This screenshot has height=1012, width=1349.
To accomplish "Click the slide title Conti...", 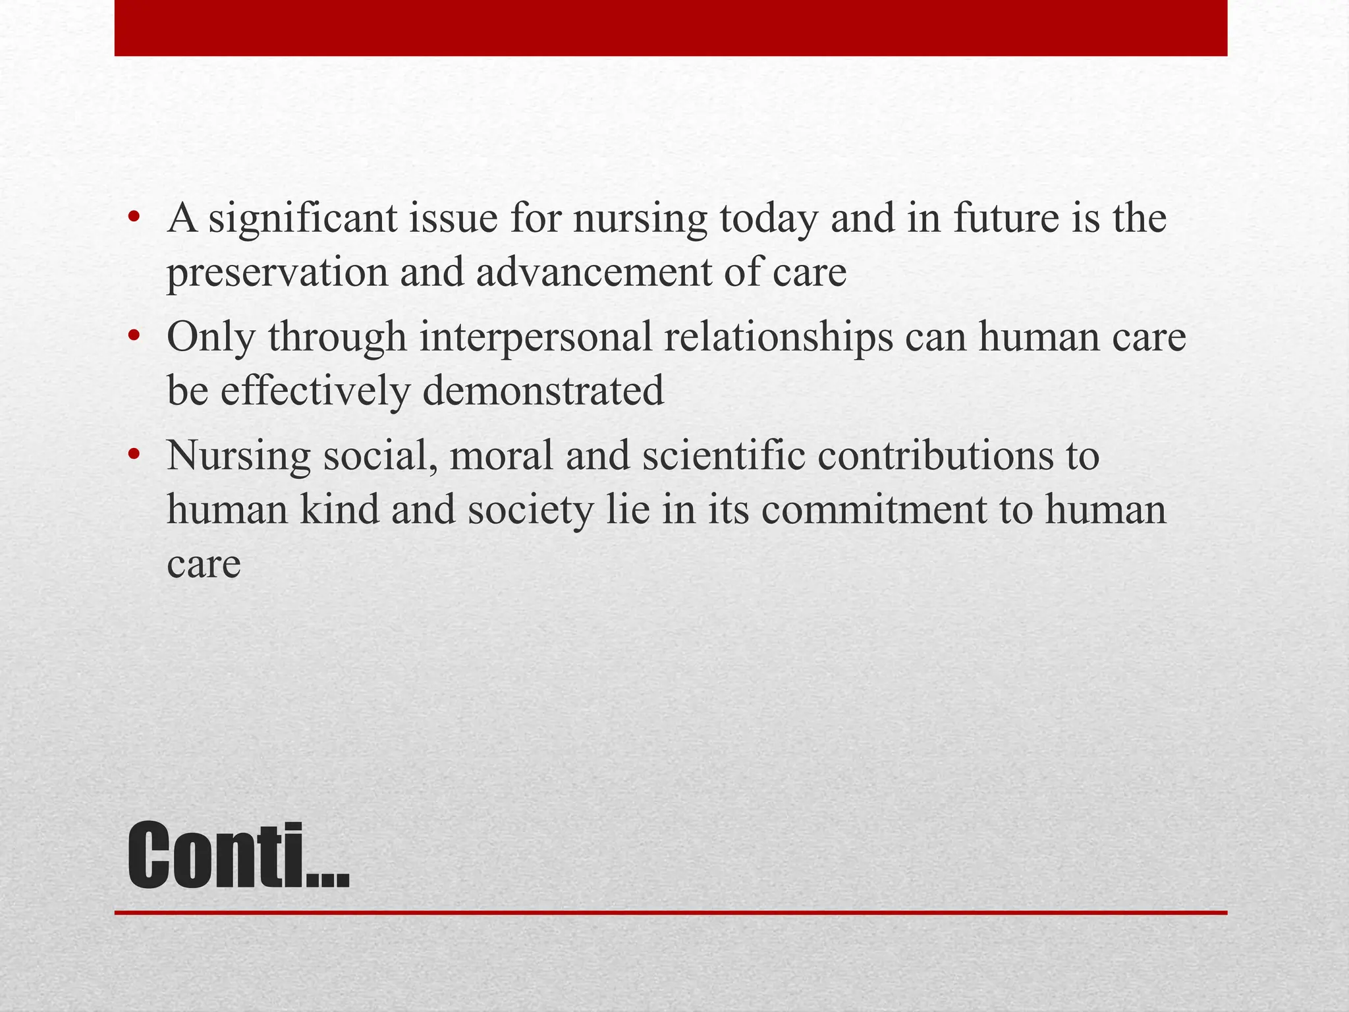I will click(x=238, y=857).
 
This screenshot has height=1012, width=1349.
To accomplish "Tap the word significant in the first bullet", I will click(x=303, y=219).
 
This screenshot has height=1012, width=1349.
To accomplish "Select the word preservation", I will click(x=277, y=273).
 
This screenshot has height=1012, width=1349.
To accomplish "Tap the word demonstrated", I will click(x=543, y=391).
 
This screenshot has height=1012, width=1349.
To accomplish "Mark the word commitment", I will click(x=874, y=510).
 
